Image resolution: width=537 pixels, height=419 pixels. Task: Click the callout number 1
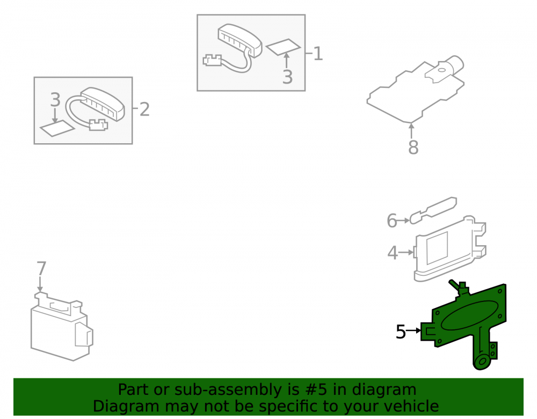[318, 54]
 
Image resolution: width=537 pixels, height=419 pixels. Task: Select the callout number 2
[144, 109]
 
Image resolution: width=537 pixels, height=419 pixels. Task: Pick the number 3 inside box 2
[55, 100]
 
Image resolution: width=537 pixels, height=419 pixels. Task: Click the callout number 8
[413, 147]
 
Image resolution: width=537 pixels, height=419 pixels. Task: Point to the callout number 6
[392, 220]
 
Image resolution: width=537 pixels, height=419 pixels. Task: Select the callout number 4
[393, 253]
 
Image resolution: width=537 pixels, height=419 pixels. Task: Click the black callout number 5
[401, 332]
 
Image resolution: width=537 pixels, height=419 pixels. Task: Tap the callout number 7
[41, 268]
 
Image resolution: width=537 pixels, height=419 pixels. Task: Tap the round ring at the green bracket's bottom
[483, 361]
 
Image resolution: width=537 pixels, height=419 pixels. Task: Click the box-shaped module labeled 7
[62, 327]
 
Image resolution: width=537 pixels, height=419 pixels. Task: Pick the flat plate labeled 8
[416, 91]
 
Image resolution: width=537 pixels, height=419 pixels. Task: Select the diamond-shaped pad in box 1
[283, 47]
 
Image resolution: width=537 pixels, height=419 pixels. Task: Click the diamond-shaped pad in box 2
[57, 128]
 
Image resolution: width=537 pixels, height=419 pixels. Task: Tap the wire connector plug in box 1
[212, 60]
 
